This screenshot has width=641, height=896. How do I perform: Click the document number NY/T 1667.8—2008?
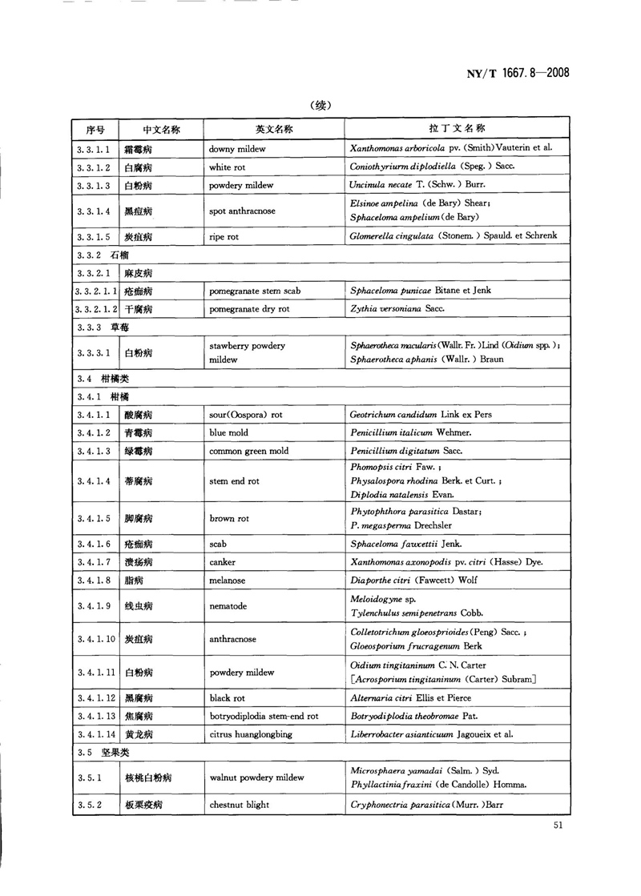coord(517,73)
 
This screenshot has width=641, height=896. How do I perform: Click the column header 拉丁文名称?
coord(457,129)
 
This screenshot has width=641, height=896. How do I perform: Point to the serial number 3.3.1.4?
coord(94,211)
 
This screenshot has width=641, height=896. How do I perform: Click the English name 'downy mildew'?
coord(237,149)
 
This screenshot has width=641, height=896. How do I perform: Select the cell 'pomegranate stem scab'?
coord(255,290)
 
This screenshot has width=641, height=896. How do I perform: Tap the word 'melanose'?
coord(228,581)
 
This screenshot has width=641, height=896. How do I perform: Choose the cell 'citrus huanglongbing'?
coord(251,733)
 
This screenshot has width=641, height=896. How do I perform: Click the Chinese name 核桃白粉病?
coord(149,777)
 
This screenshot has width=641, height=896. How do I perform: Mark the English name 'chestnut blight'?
coord(240,805)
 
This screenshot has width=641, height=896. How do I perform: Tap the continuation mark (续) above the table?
coord(320,105)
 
